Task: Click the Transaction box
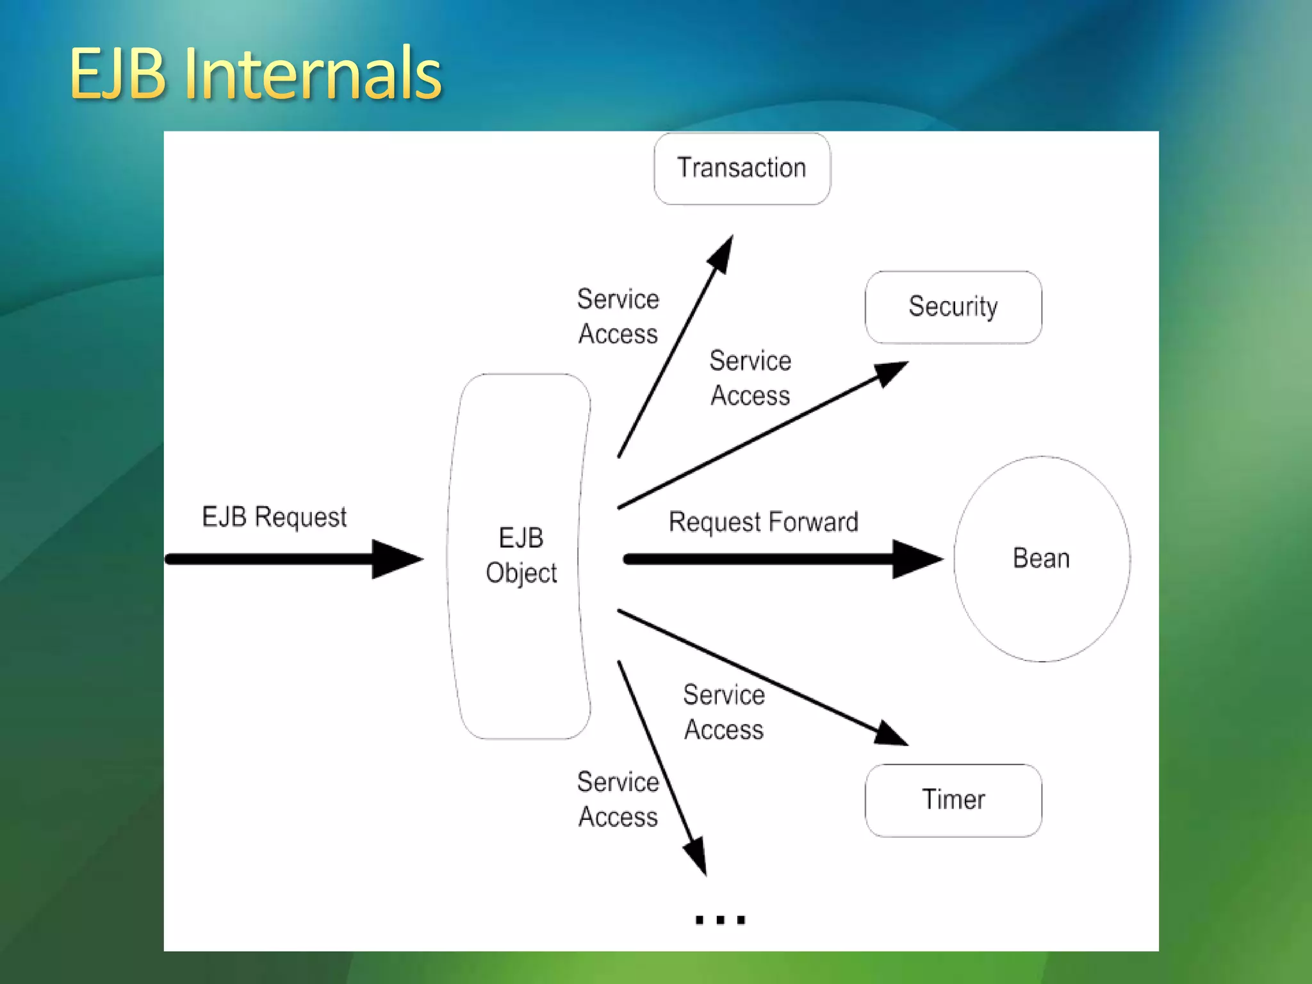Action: [742, 168]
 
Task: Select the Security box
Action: [953, 307]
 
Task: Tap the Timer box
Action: [953, 800]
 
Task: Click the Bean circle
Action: [1042, 559]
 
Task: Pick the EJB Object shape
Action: [520, 556]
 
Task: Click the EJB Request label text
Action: [274, 517]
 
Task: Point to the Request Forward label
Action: [763, 522]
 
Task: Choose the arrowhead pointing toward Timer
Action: [890, 734]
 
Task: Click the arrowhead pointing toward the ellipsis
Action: [696, 856]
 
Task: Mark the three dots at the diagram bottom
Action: [720, 920]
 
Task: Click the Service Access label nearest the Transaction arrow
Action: [618, 316]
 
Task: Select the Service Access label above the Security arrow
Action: [750, 378]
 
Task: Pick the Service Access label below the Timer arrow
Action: [724, 712]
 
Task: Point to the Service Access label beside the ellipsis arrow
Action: [618, 799]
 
